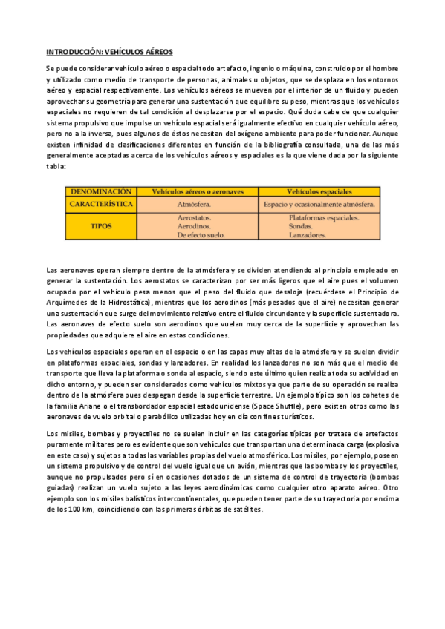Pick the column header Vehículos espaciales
coord(319,191)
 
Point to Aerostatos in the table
coord(194,217)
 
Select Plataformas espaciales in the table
coord(323,217)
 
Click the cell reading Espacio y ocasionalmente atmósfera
coord(319,203)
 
